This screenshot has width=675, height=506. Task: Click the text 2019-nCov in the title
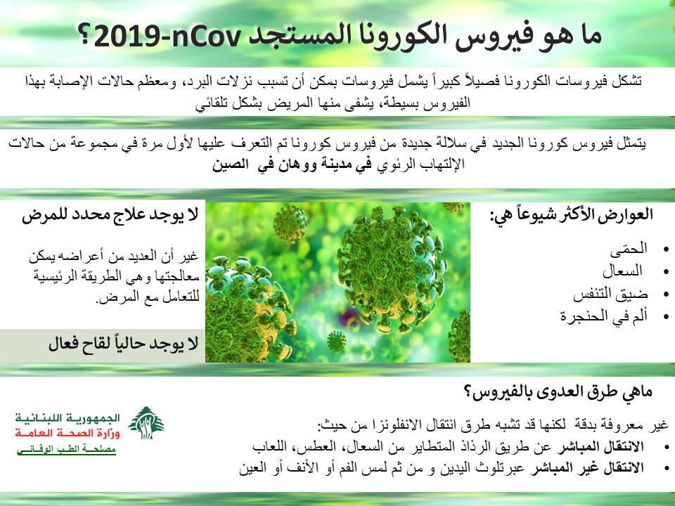166,37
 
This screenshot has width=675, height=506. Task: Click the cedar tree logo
146,422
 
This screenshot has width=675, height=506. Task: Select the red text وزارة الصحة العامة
67,433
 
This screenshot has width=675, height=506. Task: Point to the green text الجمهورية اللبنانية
67,417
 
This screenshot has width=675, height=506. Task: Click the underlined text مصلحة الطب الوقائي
66,449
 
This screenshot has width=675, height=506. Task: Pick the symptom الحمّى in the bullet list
629,248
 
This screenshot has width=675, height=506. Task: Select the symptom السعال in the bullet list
622,271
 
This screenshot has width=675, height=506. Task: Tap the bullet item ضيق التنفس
610,294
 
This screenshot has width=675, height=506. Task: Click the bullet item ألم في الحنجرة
603,316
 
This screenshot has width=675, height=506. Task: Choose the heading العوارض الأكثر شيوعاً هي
571,215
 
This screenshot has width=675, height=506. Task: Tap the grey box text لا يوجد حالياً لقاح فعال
123,344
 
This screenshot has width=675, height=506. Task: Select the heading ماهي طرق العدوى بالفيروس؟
558,392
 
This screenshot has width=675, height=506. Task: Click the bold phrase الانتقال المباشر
600,447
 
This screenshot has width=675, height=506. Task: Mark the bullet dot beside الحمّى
667,249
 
